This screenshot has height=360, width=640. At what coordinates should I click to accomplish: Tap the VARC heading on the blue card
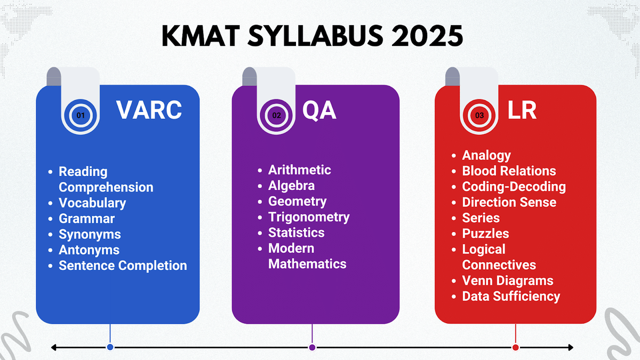149,110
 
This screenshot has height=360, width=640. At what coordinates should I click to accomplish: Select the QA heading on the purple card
319,110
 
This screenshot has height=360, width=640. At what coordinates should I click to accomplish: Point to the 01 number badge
81,115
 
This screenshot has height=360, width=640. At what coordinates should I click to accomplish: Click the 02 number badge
277,115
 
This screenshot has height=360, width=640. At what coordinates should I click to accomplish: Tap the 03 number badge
480,115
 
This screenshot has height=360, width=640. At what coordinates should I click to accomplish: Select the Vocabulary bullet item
92,203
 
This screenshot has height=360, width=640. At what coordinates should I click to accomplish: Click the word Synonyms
90,234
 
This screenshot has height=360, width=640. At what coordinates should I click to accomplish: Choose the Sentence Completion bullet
123,266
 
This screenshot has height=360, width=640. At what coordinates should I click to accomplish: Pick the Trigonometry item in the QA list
309,217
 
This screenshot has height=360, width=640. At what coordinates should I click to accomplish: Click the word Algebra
291,186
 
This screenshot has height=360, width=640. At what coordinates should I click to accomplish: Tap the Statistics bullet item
296,233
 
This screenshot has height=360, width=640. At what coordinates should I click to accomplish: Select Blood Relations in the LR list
509,171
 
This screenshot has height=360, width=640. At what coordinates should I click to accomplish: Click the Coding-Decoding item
514,187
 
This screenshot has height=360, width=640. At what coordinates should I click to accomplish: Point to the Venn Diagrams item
508,281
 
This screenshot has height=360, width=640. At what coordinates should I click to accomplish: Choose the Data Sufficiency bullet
511,296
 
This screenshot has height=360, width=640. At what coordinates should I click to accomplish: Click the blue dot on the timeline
110,347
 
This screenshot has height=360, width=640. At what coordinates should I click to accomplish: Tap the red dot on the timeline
515,347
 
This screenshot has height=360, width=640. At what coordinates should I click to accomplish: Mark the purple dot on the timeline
312,347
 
